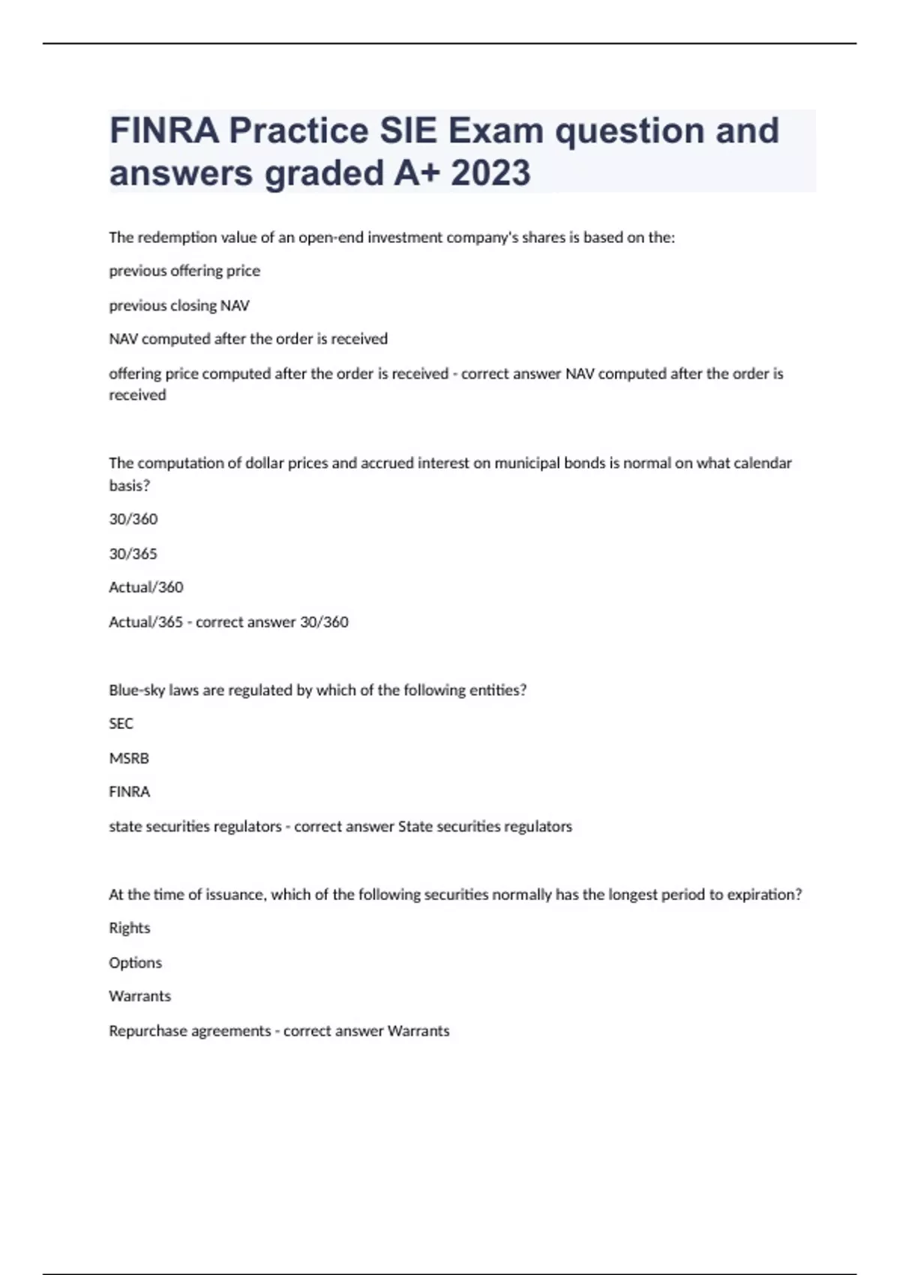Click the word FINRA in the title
(164, 130)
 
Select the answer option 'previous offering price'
(184, 271)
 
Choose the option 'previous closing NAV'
(179, 305)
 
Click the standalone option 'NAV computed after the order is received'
(248, 339)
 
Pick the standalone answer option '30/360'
(133, 519)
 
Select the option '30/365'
(133, 553)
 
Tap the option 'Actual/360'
(146, 587)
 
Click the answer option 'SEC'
(121, 724)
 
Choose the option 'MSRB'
(129, 758)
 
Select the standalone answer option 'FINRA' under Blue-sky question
(130, 792)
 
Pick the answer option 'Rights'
(130, 928)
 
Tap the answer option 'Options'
(136, 963)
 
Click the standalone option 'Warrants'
(140, 997)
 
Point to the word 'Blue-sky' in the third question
(136, 690)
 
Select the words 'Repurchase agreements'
(190, 1031)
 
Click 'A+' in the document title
(416, 173)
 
